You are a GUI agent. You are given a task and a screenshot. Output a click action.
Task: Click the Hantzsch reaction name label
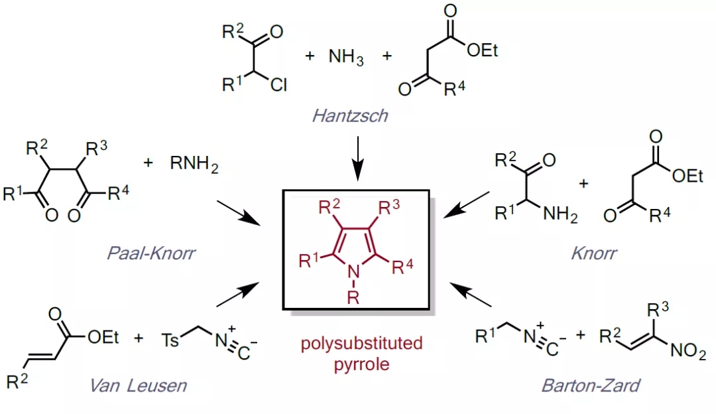(350, 115)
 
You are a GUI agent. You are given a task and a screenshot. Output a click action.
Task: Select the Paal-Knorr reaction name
(151, 253)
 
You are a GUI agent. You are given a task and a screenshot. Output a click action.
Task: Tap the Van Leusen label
(139, 385)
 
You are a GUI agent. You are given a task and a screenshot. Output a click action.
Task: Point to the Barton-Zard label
(591, 385)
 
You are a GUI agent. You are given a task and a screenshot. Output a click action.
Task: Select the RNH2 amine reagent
(194, 164)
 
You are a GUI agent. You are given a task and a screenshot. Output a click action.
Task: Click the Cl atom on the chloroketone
(278, 84)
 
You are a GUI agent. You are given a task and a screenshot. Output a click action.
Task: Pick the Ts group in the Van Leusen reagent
(170, 340)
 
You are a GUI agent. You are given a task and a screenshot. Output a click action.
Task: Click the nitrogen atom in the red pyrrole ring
(353, 272)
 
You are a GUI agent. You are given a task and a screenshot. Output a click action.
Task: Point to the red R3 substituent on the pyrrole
(389, 208)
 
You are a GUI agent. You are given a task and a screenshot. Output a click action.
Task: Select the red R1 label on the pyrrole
(309, 261)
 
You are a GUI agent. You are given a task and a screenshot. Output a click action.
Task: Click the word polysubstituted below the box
(362, 343)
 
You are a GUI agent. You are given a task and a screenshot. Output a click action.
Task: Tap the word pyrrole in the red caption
(362, 364)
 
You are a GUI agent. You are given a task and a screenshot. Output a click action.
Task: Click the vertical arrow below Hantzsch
(357, 159)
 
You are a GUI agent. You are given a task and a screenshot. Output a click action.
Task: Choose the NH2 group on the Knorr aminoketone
(560, 214)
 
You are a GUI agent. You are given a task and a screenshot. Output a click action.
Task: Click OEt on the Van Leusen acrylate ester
(103, 337)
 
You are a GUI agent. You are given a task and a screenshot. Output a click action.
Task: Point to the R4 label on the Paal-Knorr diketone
(119, 192)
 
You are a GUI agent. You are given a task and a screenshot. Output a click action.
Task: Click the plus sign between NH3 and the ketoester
(387, 56)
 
